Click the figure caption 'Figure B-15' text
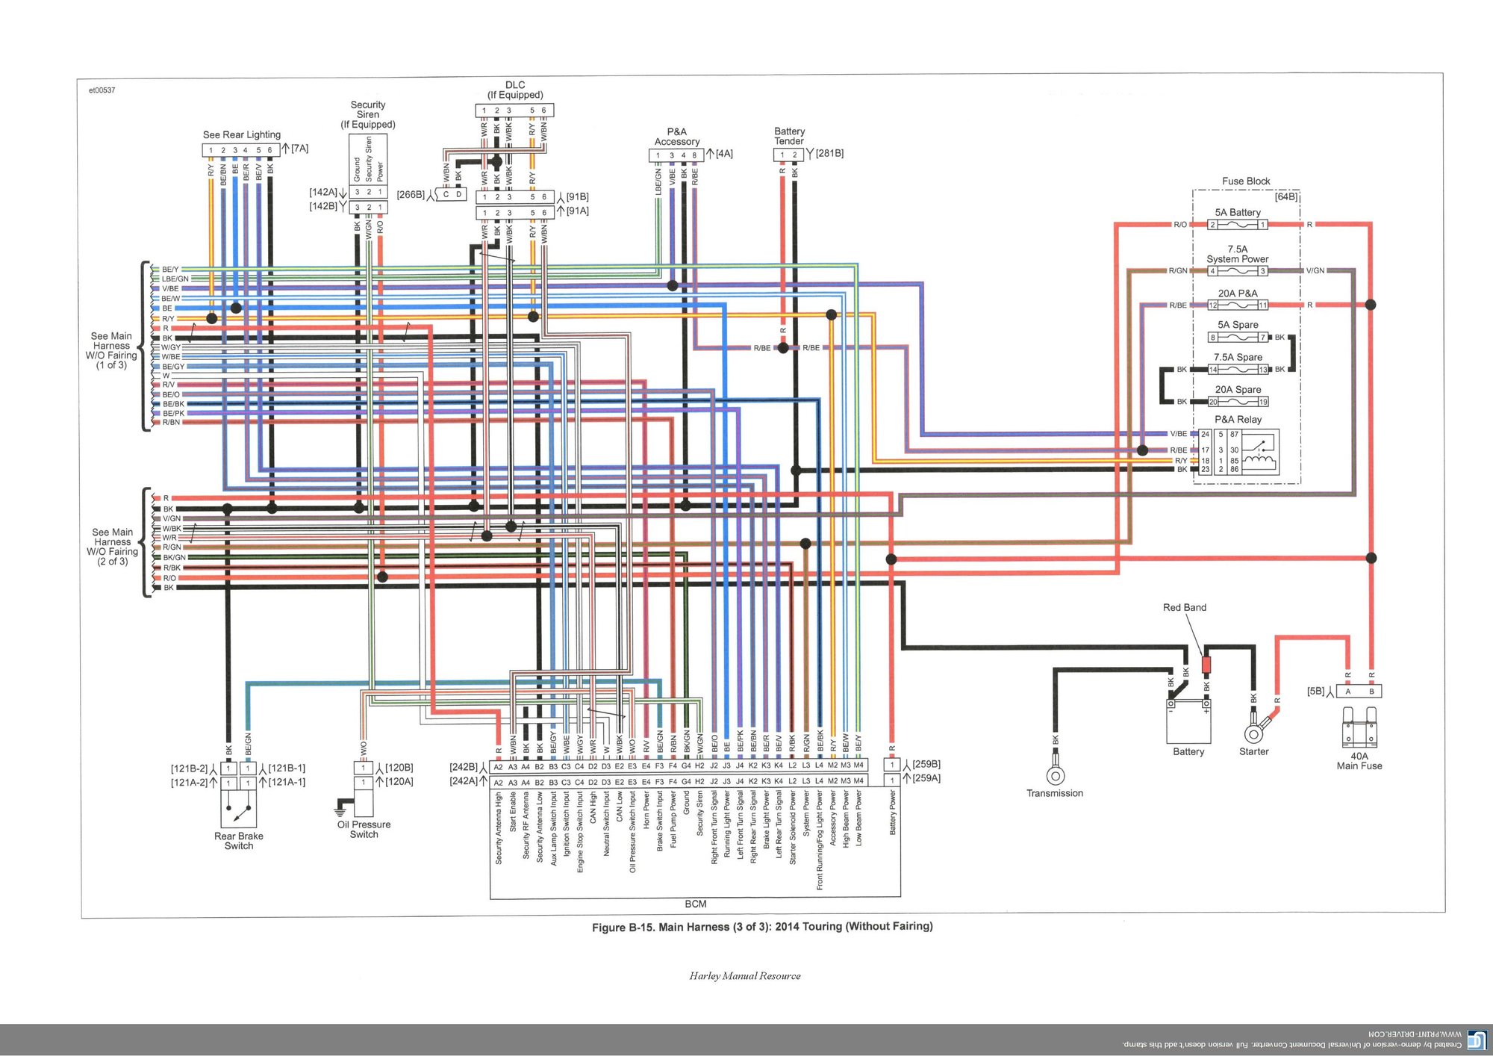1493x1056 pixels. click(x=761, y=927)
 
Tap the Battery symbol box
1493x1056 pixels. click(x=1188, y=721)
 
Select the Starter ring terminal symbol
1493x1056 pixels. click(x=1254, y=733)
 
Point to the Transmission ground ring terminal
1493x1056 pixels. click(x=1055, y=775)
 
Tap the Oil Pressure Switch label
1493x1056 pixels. click(x=364, y=830)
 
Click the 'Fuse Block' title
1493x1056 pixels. click(x=1246, y=181)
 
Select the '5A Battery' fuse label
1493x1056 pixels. click(x=1238, y=213)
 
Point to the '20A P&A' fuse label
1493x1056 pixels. click(x=1238, y=293)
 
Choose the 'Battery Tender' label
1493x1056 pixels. click(x=789, y=136)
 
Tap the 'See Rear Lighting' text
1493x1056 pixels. click(x=242, y=135)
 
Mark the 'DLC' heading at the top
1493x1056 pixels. click(x=515, y=85)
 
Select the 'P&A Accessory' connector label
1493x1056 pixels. click(x=677, y=137)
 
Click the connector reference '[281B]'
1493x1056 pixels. click(x=829, y=153)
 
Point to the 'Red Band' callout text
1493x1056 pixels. click(x=1184, y=608)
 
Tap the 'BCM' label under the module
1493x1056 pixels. click(x=695, y=904)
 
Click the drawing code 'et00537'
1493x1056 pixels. click(x=102, y=90)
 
